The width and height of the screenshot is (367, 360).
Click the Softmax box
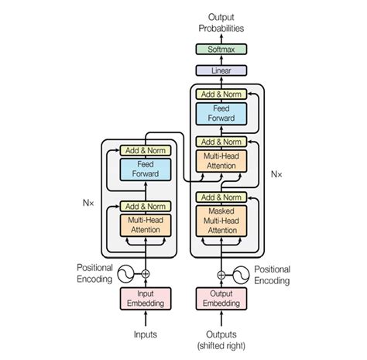coord(221,50)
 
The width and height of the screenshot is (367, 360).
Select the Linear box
coord(221,70)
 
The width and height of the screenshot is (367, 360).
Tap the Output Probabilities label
coord(221,22)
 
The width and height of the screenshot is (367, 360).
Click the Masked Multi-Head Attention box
coord(221,221)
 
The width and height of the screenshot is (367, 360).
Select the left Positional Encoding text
coord(94,273)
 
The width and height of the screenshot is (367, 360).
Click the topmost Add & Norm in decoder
coord(221,94)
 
